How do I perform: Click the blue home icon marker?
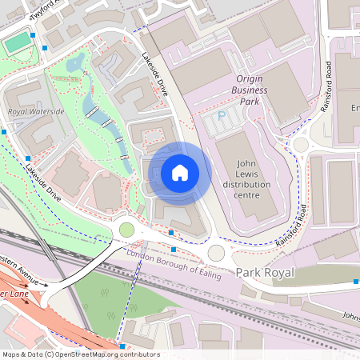coord(180,173)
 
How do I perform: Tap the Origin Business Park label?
coord(261,90)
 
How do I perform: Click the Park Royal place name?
coord(265,273)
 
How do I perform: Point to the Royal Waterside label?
coord(35,111)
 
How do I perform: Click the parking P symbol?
coord(222,118)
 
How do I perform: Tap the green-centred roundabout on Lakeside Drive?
coord(126,230)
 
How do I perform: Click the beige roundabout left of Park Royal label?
coord(216,254)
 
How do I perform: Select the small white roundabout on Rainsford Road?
coord(301,145)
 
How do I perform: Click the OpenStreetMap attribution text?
coord(80,354)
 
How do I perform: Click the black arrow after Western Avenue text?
coord(42,282)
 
